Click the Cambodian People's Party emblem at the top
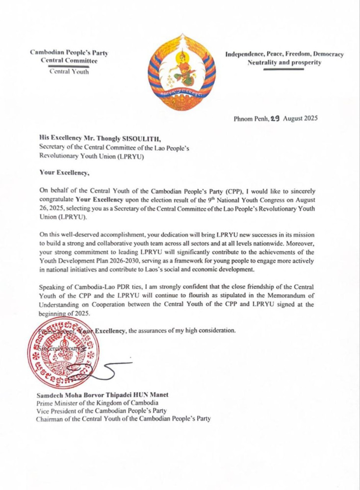(182, 73)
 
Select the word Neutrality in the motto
(265, 63)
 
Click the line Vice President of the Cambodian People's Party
(102, 411)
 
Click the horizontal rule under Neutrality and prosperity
(284, 70)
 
